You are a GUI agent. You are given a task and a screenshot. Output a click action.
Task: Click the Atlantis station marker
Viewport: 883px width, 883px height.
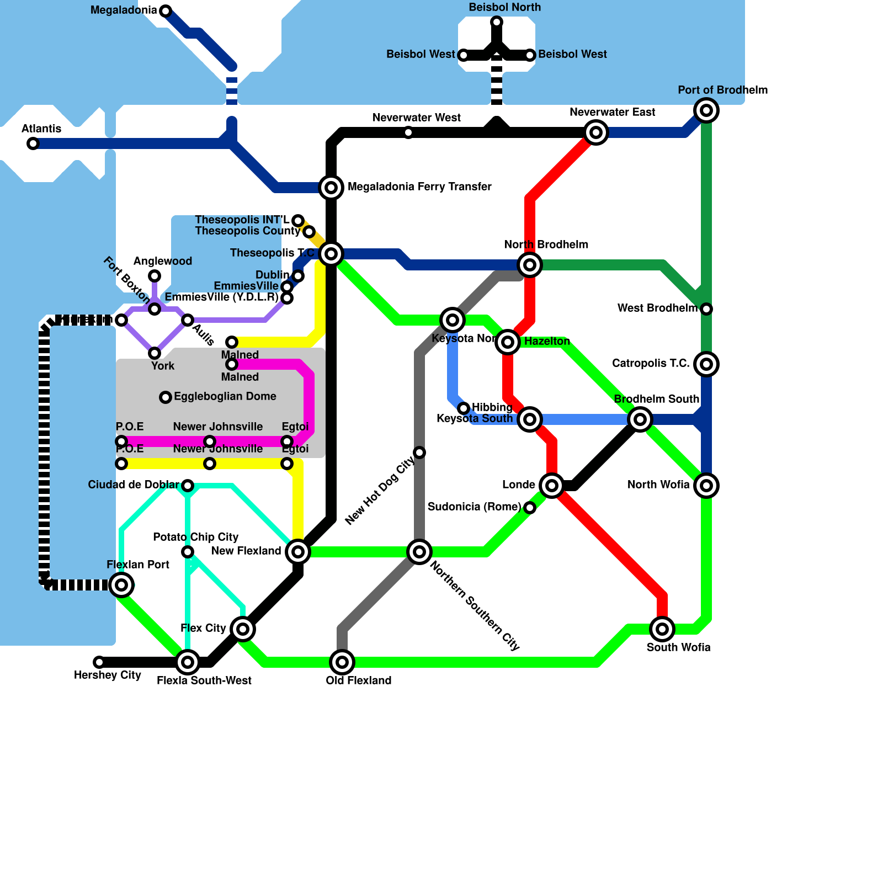point(33,143)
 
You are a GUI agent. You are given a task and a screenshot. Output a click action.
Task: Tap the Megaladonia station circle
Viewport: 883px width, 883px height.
point(166,10)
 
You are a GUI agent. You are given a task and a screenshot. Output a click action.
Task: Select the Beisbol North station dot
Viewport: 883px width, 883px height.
point(497,22)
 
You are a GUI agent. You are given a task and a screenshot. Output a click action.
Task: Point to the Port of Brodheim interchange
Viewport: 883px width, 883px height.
point(706,110)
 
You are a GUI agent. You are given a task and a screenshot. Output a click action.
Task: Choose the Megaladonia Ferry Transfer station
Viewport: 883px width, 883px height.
point(331,188)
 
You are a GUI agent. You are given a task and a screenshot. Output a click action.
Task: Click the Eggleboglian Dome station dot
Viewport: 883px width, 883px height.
point(166,397)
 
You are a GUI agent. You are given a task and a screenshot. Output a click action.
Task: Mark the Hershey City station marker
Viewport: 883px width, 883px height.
point(99,662)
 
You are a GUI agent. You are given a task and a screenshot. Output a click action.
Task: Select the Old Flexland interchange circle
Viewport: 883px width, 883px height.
point(342,662)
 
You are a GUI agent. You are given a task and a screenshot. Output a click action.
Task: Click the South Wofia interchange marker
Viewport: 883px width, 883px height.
point(662,629)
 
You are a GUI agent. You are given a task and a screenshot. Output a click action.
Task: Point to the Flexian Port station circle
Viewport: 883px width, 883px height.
point(121,585)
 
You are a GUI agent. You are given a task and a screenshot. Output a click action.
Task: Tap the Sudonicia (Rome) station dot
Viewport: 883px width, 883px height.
point(530,508)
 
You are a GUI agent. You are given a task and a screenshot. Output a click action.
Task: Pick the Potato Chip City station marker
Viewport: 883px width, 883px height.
point(188,552)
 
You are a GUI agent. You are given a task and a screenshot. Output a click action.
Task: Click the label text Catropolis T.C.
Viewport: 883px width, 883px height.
point(651,363)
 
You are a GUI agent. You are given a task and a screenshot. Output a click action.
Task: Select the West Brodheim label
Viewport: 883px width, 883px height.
point(657,308)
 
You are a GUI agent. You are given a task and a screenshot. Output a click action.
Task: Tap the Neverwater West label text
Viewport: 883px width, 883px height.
point(417,118)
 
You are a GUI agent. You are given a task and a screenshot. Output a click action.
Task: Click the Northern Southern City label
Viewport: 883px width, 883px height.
point(475,605)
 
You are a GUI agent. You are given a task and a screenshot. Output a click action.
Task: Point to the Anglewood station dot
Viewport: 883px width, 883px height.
point(155,276)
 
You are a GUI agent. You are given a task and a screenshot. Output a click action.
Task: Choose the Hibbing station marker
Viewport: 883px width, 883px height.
point(464,408)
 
